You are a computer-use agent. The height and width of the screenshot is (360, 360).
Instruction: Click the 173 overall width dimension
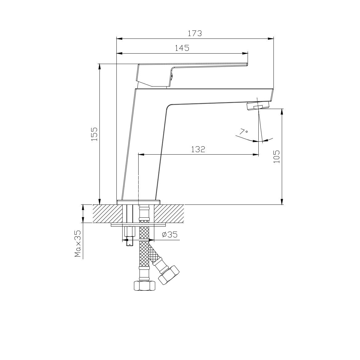(x=195, y=34)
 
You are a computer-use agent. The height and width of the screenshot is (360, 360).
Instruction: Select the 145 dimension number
(x=182, y=48)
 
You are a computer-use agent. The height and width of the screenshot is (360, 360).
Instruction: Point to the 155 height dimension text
(x=94, y=134)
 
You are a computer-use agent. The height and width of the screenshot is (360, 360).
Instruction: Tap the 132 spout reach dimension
(x=198, y=149)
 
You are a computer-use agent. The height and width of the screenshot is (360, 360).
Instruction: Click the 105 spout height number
(x=277, y=156)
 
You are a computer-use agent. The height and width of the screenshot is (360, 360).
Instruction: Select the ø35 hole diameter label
(x=170, y=234)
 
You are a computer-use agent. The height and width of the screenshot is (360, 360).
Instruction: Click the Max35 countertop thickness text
(x=78, y=244)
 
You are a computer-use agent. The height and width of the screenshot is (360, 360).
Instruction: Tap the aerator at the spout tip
(x=257, y=106)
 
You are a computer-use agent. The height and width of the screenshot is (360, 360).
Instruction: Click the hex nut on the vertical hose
(x=144, y=286)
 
